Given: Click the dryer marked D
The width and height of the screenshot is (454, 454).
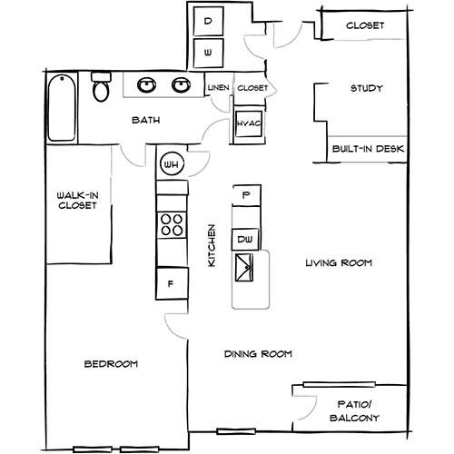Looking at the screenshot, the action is point(208,21).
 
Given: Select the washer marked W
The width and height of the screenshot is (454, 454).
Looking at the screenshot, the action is point(208,53).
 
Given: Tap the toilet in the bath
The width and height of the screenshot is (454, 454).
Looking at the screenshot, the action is point(101,86).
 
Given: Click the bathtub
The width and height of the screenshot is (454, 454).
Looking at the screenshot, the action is point(62,108).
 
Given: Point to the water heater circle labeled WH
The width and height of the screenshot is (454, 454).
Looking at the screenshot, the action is point(172,164).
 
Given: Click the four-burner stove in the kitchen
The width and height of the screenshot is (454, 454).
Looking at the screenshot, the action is point(172,225).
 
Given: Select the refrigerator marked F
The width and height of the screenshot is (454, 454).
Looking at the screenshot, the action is point(172,283).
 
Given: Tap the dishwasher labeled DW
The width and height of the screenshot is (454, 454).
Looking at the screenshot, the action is point(245,240).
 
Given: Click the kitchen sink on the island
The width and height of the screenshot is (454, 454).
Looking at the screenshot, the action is point(244,268).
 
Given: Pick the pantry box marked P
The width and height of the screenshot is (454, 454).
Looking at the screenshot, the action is point(246,195).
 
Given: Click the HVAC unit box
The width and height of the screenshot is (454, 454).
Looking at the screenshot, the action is point(249,123).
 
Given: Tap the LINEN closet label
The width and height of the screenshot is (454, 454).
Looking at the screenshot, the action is point(218,88).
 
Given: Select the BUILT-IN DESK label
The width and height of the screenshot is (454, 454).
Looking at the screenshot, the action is point(368,149).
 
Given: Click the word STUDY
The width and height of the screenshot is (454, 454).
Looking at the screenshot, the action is point(367,88).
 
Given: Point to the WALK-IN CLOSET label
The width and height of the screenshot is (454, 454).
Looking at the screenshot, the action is point(77,201).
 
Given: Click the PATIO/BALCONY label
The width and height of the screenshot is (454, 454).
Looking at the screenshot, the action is point(354,411).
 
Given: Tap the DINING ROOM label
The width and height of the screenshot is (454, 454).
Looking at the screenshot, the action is point(258,354).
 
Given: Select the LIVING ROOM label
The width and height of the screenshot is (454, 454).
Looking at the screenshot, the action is point(339,262).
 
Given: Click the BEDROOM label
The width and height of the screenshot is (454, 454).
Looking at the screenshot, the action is point(111,364).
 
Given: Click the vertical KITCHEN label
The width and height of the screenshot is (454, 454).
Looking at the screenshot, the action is point(212,245).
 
